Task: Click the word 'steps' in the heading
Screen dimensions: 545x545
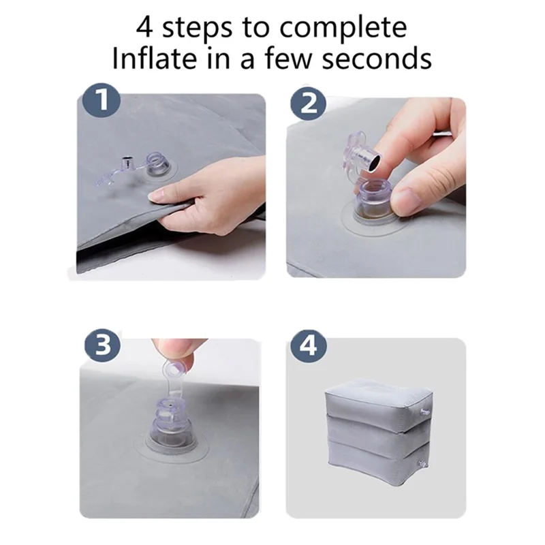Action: tap(203, 28)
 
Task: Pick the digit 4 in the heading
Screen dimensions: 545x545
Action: tap(145, 28)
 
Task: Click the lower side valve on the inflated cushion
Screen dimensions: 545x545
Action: tap(423, 463)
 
